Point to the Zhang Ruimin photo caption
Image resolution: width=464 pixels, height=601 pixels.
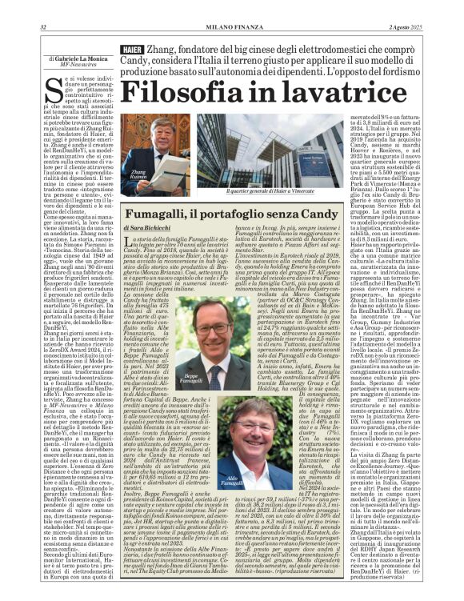(x=138, y=175)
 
